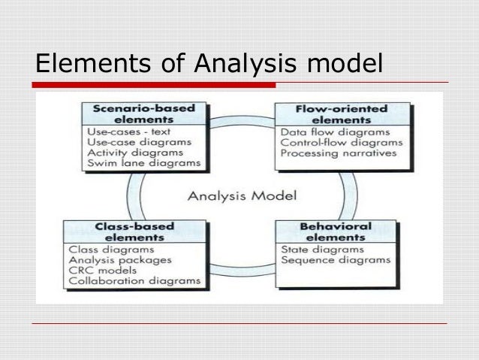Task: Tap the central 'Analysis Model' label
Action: point(241,197)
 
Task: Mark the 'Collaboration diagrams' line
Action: point(135,282)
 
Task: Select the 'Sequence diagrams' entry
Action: point(336,261)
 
